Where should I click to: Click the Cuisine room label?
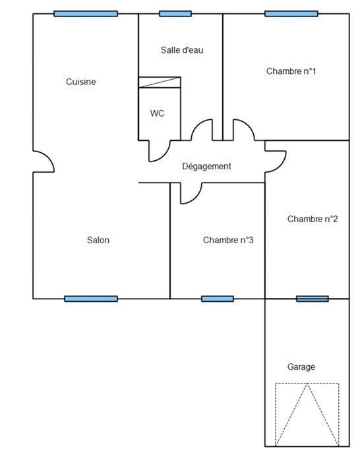[x=81, y=82]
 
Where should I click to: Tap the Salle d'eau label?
[x=181, y=50]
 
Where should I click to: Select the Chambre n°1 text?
[x=291, y=71]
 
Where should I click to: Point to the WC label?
[x=157, y=113]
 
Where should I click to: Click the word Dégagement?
[x=206, y=167]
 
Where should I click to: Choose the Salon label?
[x=98, y=241]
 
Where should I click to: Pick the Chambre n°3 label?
[x=228, y=241]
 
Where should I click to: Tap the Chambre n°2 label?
[x=313, y=219]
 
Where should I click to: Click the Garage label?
[x=301, y=367]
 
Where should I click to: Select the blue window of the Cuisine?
[x=86, y=13]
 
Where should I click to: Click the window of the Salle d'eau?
[x=175, y=13]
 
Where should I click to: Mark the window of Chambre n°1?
[x=291, y=13]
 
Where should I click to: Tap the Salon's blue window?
[x=91, y=299]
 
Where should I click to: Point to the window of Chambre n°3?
[x=217, y=299]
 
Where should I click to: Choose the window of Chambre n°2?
[x=312, y=299]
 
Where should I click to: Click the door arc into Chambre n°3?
[x=191, y=193]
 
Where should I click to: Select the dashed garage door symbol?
[x=307, y=414]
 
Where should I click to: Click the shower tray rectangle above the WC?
[x=159, y=82]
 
